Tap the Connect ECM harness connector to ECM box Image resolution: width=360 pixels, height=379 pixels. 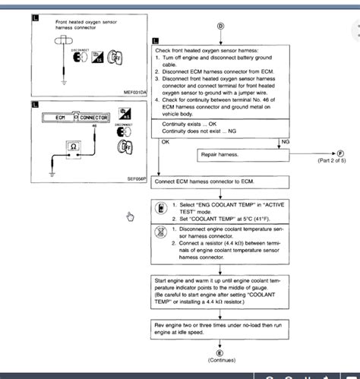click(x=220, y=182)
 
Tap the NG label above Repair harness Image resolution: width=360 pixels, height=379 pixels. click(x=285, y=141)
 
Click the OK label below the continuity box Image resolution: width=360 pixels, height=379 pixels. click(x=166, y=141)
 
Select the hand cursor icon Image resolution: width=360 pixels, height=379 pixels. click(x=130, y=216)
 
